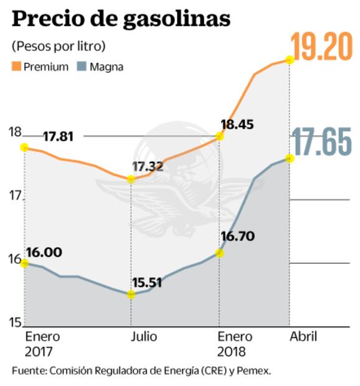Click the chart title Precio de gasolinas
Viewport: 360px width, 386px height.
click(x=121, y=19)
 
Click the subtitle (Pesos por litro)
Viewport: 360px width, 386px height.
click(x=58, y=46)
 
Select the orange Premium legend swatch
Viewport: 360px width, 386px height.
click(x=16, y=67)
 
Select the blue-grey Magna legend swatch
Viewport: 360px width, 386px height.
click(x=81, y=67)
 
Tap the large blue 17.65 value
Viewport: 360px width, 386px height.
click(x=322, y=143)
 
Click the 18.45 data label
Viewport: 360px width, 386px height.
click(x=237, y=125)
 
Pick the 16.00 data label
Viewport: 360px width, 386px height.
click(x=44, y=252)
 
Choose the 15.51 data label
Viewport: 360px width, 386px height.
click(x=147, y=281)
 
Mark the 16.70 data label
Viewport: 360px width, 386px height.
click(x=237, y=237)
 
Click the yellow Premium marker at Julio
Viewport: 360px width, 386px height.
click(x=131, y=179)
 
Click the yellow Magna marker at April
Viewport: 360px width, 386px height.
click(x=289, y=158)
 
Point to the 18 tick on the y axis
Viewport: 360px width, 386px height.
click(x=15, y=132)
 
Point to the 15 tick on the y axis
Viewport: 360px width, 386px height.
click(x=15, y=322)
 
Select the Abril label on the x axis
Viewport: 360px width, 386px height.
click(x=303, y=337)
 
